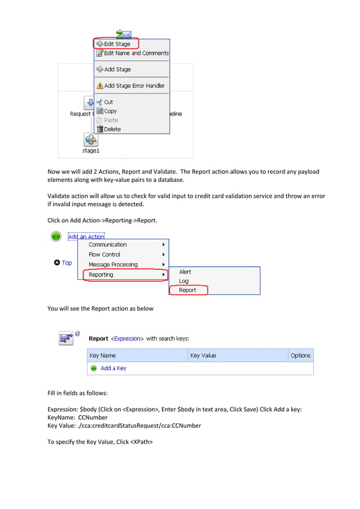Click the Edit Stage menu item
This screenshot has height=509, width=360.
(117, 44)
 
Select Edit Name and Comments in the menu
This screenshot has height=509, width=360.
(136, 53)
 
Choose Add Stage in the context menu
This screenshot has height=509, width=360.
(117, 69)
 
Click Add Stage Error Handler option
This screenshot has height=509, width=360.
(134, 86)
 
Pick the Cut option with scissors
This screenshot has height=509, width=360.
(108, 102)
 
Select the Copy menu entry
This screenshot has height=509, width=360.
(110, 111)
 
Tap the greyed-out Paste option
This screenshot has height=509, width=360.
(111, 120)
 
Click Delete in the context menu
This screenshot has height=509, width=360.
(112, 129)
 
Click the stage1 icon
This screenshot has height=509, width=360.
(91, 140)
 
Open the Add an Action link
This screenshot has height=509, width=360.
(86, 237)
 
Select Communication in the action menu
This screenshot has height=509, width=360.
(108, 245)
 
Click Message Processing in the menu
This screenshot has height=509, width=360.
(113, 265)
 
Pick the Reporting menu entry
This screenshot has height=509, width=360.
(101, 275)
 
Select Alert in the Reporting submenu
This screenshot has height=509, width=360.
(185, 272)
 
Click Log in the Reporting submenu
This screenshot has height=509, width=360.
(184, 281)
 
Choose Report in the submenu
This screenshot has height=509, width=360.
(187, 290)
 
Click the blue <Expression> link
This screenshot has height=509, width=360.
(127, 339)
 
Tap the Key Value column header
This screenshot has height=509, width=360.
(203, 356)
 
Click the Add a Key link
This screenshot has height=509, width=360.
(113, 368)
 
